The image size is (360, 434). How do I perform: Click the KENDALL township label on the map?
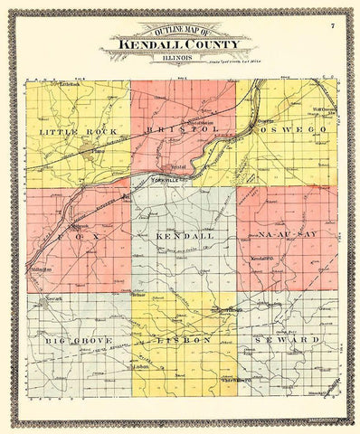click(x=182, y=234)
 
